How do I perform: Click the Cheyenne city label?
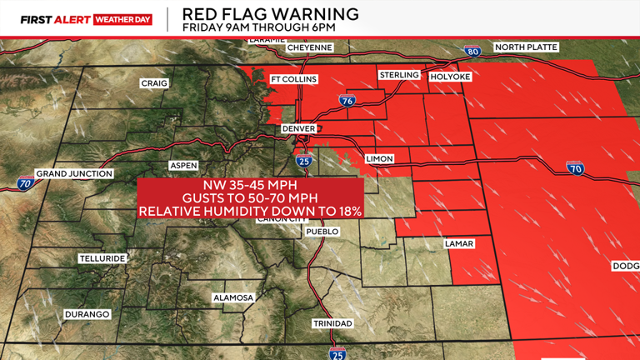coord(310,47)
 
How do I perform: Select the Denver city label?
coord(298,128)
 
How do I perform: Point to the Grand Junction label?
coord(74,173)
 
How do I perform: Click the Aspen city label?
coord(183,165)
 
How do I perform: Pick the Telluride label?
coord(102,258)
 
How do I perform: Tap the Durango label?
coord(86,314)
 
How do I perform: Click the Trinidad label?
coord(332,322)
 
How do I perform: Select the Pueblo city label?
coord(322,231)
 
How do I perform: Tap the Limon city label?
coord(378,158)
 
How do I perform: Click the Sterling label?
coord(398,75)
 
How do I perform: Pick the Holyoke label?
coord(450,77)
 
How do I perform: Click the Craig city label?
coord(154,83)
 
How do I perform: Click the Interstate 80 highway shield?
coord(472,52)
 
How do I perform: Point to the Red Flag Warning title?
coord(271,14)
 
